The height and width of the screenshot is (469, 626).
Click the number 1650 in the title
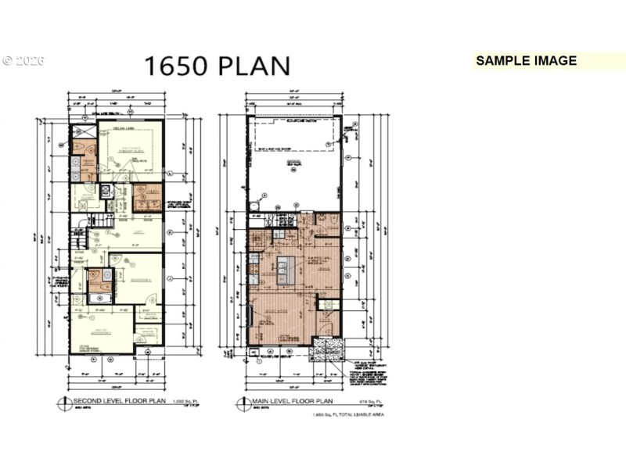[175, 66]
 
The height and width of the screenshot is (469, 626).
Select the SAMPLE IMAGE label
[526, 61]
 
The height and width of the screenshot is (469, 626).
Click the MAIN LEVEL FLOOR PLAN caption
[293, 403]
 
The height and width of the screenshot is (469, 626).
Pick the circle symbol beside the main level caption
[243, 404]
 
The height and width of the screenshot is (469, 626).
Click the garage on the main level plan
[295, 164]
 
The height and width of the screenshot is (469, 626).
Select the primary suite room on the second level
[129, 149]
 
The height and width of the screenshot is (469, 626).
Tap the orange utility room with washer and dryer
[147, 197]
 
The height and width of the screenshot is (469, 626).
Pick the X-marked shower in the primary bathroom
[81, 131]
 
